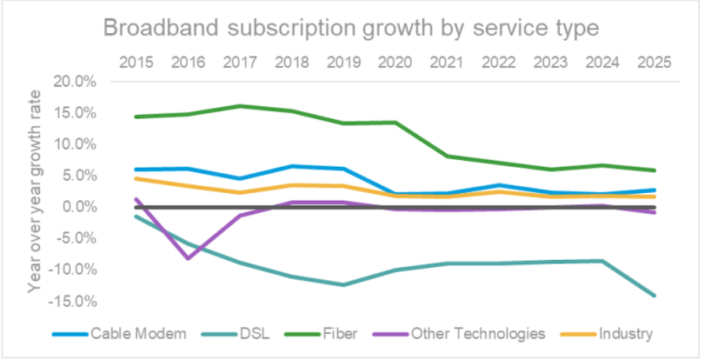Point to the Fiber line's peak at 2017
(x=239, y=106)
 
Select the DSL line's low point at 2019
(x=343, y=284)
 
